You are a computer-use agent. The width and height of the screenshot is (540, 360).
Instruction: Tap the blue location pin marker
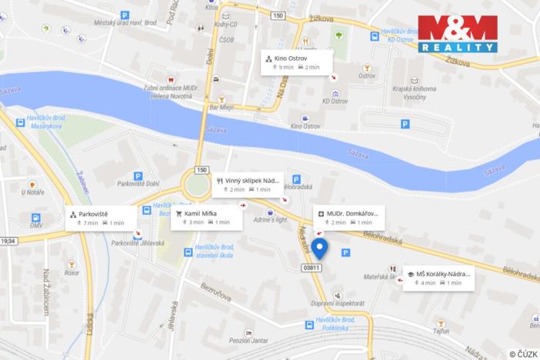[x=321, y=248]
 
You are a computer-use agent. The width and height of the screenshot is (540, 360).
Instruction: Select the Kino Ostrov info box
[x=295, y=62]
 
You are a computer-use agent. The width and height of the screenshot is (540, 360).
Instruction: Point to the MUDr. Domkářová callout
[x=349, y=217]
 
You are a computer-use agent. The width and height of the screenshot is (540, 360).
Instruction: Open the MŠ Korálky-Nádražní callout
[x=438, y=278]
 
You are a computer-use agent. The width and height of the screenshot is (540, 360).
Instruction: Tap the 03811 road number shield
[x=311, y=268]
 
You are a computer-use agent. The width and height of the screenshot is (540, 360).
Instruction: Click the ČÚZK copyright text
[x=523, y=354]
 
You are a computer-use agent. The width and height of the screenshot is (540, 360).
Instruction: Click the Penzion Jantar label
[x=251, y=339]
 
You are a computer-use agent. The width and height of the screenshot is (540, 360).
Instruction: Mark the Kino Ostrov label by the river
[x=306, y=125]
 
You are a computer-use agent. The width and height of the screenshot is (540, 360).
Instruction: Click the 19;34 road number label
[x=8, y=241]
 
